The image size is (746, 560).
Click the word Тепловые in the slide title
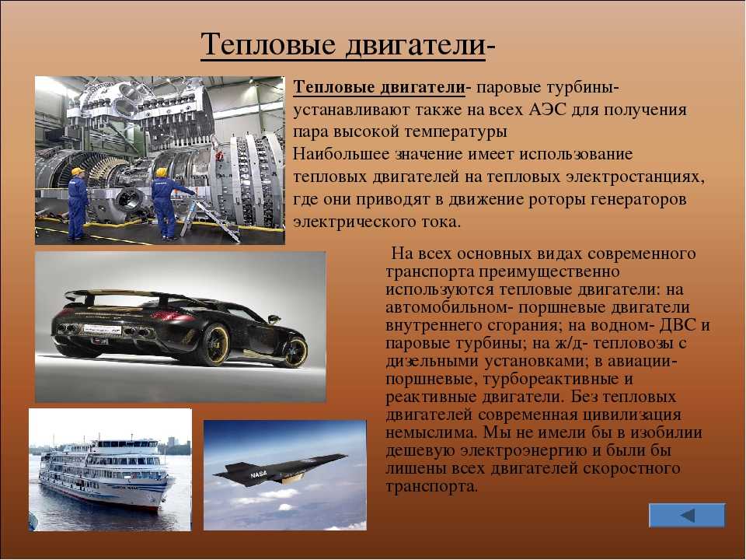pos(268,45)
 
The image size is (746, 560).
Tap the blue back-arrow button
pos(687,515)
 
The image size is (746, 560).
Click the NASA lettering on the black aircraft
pos(258,474)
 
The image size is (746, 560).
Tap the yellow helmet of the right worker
pos(162,172)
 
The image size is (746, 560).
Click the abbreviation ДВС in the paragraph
pos(678,325)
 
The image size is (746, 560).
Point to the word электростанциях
pos(634,177)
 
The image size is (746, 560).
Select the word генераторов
pos(638,200)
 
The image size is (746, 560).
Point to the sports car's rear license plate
pos(102,329)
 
